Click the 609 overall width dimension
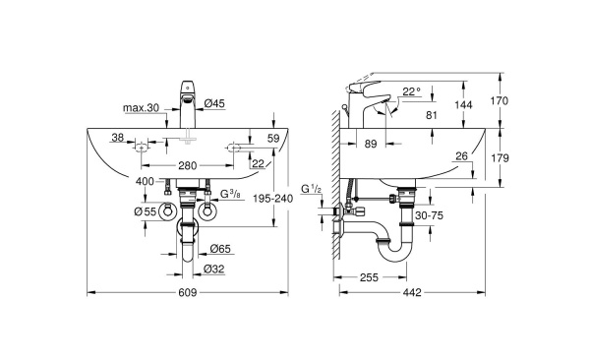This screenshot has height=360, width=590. coord(188,293)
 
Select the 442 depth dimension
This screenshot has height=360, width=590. coord(414,293)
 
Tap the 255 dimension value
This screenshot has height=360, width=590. coord(369,278)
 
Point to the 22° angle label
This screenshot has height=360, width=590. coord(411,91)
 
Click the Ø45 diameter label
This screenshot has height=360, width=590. coord(214,101)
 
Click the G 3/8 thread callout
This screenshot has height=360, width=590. coord(232,194)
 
